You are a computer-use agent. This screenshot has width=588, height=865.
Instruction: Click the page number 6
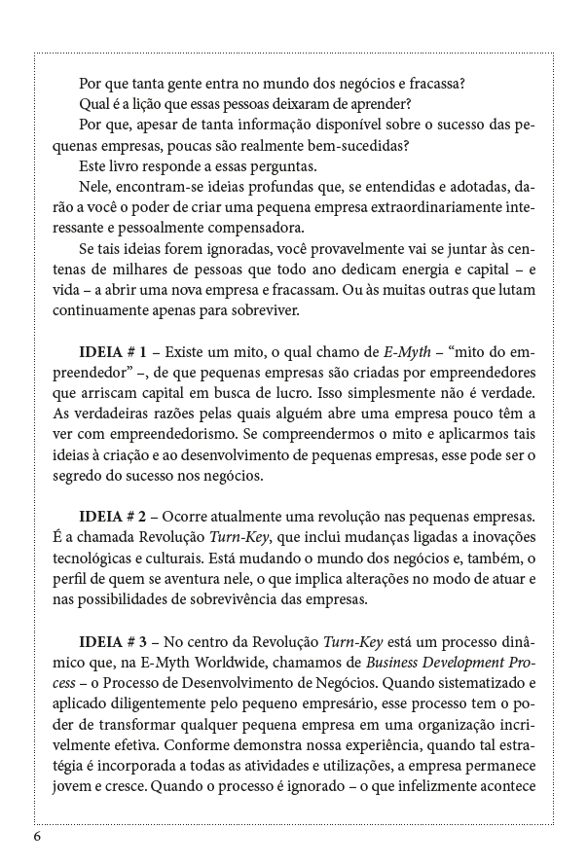[37, 837]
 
